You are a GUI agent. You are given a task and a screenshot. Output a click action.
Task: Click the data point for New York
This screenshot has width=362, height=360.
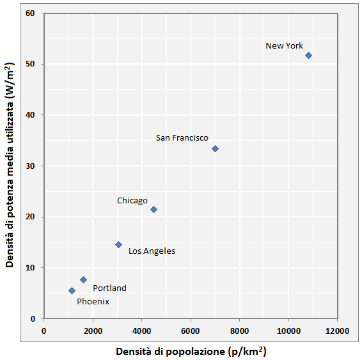308,56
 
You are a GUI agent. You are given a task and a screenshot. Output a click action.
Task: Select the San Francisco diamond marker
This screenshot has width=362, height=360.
215,148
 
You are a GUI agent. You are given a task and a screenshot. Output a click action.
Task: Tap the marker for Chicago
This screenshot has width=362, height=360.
153,209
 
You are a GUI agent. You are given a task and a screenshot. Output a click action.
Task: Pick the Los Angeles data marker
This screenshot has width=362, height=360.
118,244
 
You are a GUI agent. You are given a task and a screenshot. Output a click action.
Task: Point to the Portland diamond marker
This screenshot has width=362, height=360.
83,279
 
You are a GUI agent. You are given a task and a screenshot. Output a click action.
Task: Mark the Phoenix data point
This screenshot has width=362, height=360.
72,290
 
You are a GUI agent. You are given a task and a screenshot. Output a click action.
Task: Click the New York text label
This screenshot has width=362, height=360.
284,46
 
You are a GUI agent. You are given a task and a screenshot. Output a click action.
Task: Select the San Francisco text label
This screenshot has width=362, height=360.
182,138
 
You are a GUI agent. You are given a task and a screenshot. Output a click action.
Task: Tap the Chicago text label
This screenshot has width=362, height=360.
132,201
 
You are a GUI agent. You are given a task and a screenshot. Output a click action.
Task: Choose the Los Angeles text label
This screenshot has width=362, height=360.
152,251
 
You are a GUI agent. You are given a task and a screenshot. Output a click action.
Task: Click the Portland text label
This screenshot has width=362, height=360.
109,288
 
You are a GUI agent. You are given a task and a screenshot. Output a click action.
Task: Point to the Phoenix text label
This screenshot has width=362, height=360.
93,301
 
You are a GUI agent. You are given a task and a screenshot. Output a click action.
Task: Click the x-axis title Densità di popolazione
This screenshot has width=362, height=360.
191,352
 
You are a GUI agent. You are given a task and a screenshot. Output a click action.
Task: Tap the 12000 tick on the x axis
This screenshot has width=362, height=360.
337,331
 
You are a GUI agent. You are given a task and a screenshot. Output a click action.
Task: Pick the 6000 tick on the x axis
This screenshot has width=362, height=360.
190,331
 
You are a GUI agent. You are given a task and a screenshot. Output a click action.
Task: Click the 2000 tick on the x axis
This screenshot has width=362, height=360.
93,331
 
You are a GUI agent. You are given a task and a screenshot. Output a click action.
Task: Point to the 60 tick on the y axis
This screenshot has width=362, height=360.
30,13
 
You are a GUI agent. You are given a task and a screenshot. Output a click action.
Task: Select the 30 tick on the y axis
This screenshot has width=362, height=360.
30,166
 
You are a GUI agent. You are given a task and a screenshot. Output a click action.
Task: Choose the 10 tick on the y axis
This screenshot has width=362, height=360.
30,268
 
